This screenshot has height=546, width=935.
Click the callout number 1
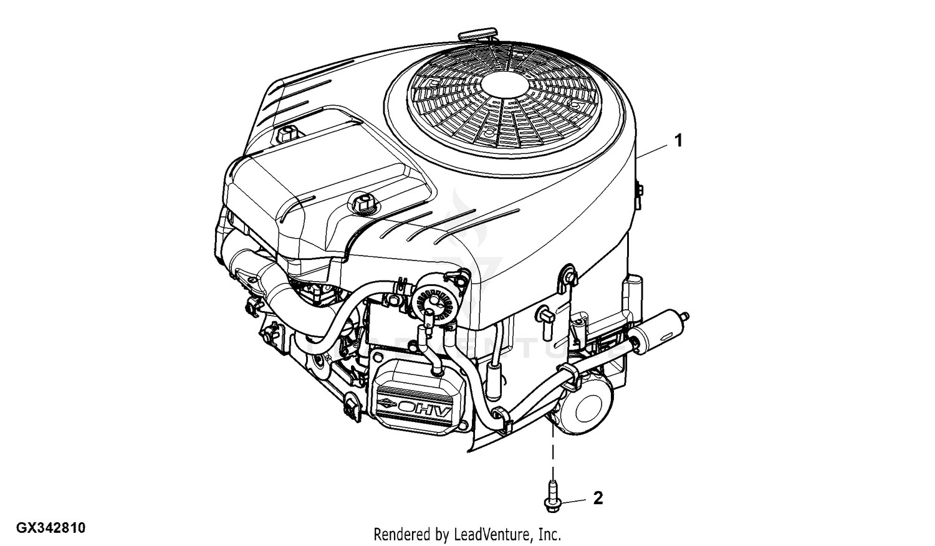coord(679,141)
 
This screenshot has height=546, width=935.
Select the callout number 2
coord(598,498)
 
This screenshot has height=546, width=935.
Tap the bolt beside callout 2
coord(553,496)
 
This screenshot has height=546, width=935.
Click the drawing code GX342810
coord(51,528)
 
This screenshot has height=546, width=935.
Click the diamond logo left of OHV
coord(386,404)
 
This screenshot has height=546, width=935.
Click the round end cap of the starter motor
coord(586,408)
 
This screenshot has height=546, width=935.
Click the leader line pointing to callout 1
coord(653,151)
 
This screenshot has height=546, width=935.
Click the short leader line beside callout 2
coord(572,501)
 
